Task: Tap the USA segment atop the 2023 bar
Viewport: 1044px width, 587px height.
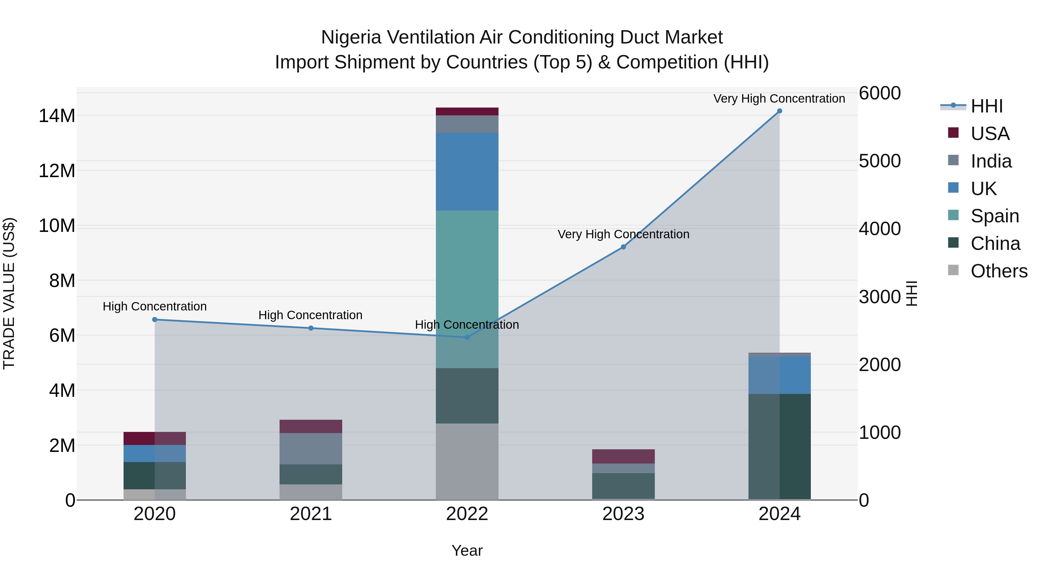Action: click(x=623, y=456)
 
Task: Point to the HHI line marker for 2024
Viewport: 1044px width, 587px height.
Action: click(x=779, y=111)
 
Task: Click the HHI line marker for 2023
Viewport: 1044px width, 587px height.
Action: click(x=623, y=247)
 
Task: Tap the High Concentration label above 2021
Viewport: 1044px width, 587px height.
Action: click(x=310, y=315)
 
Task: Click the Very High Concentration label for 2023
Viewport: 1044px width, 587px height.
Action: click(x=623, y=234)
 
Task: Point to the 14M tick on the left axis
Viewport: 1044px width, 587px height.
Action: click(x=57, y=116)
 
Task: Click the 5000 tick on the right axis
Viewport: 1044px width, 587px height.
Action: click(x=880, y=161)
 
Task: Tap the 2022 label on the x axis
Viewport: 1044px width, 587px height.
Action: click(x=467, y=514)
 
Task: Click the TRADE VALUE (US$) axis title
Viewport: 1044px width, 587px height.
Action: click(x=9, y=293)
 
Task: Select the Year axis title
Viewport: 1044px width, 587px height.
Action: click(x=467, y=550)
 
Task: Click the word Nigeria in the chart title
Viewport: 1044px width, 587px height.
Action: click(x=351, y=37)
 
